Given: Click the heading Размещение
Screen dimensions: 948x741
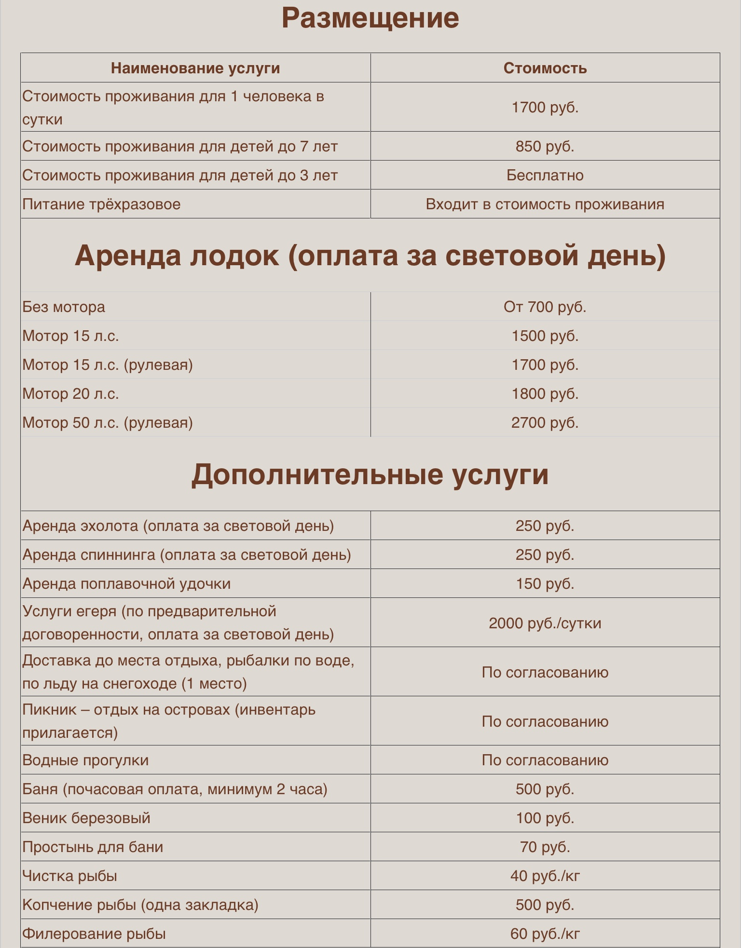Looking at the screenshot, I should tap(370, 18).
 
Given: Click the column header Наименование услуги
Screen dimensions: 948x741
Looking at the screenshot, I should tap(195, 68).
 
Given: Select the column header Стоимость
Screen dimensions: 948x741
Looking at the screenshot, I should tap(545, 68).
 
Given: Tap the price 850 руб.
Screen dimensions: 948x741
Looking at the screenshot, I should tap(545, 146).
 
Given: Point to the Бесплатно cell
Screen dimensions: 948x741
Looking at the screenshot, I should tap(545, 175).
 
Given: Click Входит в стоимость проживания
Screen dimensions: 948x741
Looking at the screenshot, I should tap(545, 204).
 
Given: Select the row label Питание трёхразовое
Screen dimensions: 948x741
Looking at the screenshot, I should tap(101, 204).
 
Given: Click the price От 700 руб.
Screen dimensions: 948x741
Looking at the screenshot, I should tap(545, 307).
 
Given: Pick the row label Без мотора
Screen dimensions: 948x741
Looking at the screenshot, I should tap(64, 307).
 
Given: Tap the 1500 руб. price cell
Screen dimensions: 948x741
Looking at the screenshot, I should tap(545, 336).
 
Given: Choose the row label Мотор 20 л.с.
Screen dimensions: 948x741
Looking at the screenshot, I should tap(70, 393).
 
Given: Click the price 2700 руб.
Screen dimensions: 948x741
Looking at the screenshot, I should tap(545, 422).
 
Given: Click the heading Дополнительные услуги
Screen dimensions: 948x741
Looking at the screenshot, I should tap(370, 474).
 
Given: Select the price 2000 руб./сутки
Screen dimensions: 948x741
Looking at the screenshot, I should tap(545, 623).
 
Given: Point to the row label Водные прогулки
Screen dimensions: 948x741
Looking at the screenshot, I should tap(85, 760).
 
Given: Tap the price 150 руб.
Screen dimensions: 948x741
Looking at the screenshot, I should tap(545, 583).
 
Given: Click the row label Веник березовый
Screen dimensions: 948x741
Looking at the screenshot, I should tap(86, 818).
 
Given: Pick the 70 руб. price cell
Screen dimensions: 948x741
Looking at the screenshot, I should tap(545, 847).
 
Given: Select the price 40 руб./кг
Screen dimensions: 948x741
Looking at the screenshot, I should tap(545, 876).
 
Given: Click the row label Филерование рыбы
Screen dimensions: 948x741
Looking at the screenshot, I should tap(94, 934).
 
